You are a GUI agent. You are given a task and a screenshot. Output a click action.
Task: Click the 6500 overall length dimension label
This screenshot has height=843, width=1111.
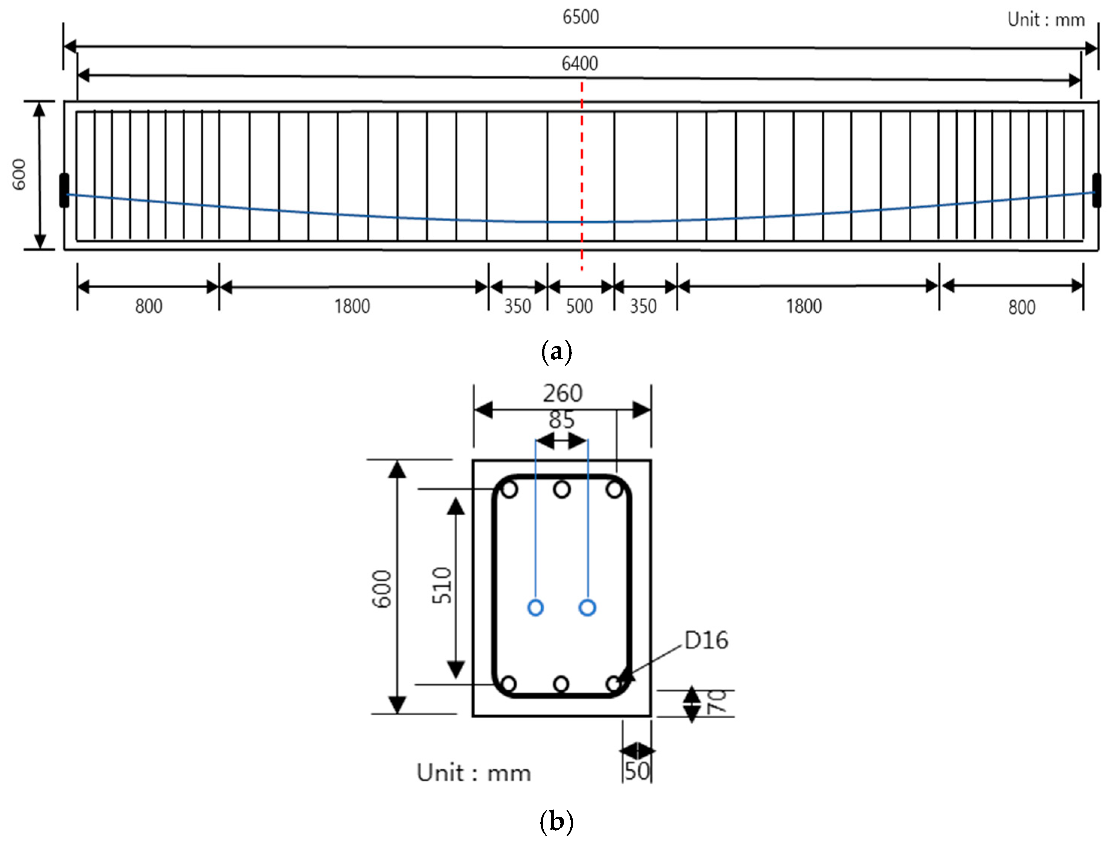(580, 17)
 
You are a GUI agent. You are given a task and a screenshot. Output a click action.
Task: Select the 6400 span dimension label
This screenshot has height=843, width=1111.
(580, 64)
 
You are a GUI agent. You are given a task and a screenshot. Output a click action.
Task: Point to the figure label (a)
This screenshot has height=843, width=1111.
(556, 352)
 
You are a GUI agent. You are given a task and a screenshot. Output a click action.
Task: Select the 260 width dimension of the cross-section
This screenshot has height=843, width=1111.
(562, 393)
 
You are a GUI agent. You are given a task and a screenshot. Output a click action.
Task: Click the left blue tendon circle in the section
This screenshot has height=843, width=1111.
(535, 608)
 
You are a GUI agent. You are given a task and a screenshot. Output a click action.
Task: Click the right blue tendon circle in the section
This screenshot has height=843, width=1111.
(587, 608)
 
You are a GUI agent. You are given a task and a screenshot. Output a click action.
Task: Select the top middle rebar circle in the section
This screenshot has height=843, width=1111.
(562, 489)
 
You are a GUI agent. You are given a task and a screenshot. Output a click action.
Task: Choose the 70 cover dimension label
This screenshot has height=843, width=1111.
(717, 701)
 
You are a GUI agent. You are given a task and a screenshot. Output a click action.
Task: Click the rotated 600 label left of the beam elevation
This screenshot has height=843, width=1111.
(19, 174)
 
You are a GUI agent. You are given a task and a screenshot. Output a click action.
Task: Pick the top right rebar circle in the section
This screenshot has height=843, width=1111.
(614, 489)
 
